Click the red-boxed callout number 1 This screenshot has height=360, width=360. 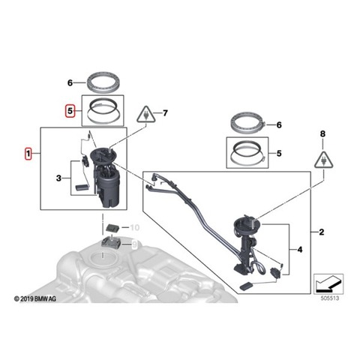pyautogui.click(x=28, y=154)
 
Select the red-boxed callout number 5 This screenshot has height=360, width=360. pyautogui.click(x=70, y=111)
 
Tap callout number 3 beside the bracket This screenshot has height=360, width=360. pyautogui.click(x=58, y=178)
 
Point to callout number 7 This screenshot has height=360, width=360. pyautogui.click(x=165, y=113)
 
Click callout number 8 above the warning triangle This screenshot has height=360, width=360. pyautogui.click(x=322, y=134)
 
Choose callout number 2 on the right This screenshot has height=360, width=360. pyautogui.click(x=322, y=232)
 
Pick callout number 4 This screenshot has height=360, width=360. pyautogui.click(x=299, y=250)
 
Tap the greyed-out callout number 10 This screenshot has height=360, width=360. pyautogui.click(x=134, y=227)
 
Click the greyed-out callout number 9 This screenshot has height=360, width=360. pyautogui.click(x=134, y=244)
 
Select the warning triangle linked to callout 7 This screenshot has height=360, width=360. pyautogui.click(x=146, y=115)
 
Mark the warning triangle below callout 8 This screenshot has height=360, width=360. pyautogui.click(x=324, y=160)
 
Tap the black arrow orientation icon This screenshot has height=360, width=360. pyautogui.click(x=328, y=284)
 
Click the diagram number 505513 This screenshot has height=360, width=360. pyautogui.click(x=330, y=298)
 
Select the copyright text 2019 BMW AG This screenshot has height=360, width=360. pyautogui.click(x=35, y=298)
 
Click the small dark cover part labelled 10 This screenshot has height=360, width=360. pyautogui.click(x=113, y=228)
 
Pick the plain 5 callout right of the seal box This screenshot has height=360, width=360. pyautogui.click(x=279, y=153)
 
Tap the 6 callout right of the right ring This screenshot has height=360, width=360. pyautogui.click(x=279, y=124)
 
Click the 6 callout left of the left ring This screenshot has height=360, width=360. pyautogui.click(x=70, y=82)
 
